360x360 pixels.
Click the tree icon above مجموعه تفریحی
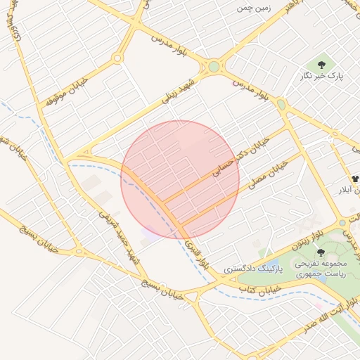click(321, 252)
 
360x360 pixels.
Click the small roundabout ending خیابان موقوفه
click(117, 58)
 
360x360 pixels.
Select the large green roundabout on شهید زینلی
click(214, 67)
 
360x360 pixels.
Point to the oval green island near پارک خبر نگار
click(281, 105)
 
